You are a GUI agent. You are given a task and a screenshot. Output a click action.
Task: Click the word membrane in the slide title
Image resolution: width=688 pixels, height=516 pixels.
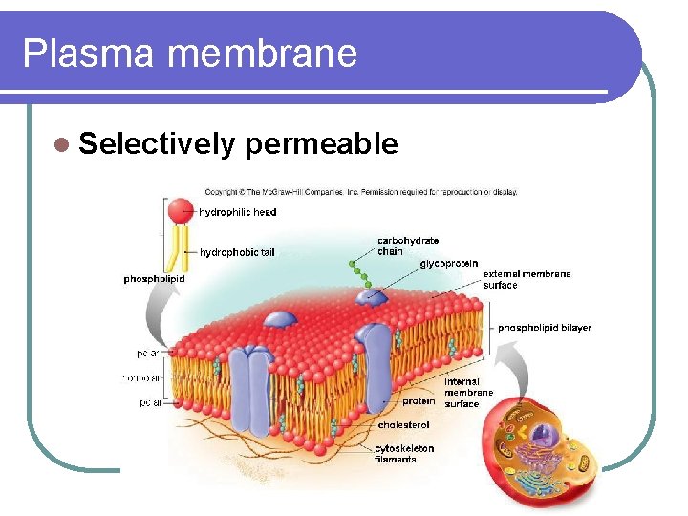(262, 54)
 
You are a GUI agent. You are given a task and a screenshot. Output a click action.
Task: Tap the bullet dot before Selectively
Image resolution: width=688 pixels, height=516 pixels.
(62, 144)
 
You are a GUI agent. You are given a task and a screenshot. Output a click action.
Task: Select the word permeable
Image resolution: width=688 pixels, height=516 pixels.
(321, 143)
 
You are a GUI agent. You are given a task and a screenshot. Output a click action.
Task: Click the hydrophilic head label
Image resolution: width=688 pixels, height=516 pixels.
(238, 212)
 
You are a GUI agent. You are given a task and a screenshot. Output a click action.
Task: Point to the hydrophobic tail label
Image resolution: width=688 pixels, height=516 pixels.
(237, 252)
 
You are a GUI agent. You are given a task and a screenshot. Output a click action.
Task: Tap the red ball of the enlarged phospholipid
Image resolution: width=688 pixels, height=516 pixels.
(181, 210)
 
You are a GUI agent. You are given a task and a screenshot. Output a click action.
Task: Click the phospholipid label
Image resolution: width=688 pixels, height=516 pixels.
(154, 279)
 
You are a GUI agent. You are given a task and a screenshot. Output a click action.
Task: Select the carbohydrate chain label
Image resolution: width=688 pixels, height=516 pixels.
(408, 246)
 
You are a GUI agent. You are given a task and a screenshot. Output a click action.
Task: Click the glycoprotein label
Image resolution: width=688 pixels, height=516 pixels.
(449, 263)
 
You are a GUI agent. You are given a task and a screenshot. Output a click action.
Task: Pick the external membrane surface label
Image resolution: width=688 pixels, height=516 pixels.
(527, 279)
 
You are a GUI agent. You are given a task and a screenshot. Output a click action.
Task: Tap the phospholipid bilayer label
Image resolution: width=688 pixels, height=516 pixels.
(544, 328)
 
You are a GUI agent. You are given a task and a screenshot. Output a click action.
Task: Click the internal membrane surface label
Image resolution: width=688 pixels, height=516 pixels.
(468, 392)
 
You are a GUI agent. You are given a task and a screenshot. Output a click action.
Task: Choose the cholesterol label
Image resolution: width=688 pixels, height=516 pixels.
(403, 424)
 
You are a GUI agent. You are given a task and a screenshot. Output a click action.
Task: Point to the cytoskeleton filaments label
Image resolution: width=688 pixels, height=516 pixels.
(403, 453)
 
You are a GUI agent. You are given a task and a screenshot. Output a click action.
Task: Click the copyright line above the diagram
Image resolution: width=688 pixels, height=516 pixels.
(361, 192)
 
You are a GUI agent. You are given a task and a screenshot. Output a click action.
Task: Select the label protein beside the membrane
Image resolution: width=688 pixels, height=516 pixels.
(419, 401)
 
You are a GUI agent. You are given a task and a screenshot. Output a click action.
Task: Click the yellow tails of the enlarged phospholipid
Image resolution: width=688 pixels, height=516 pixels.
(179, 250)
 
